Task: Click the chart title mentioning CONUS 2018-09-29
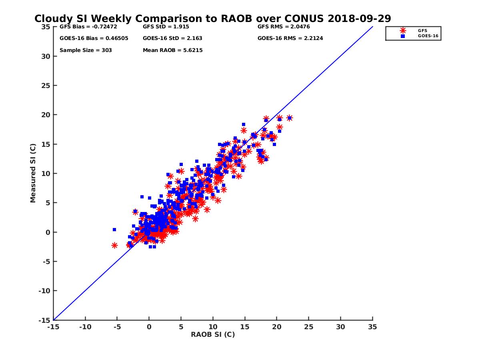(x=212, y=19)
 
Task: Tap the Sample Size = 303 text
(x=86, y=50)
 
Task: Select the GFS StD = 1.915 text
(x=166, y=27)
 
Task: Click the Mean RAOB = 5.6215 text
(x=172, y=50)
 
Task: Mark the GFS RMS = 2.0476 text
(x=283, y=27)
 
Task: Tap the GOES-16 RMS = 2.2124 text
(x=290, y=38)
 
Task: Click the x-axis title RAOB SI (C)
(x=213, y=334)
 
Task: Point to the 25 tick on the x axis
(x=308, y=327)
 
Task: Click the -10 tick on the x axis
(x=85, y=327)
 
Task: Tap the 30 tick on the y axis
(x=46, y=56)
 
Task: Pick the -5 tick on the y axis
(x=47, y=262)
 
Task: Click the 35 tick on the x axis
(x=372, y=327)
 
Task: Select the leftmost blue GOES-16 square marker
(x=114, y=230)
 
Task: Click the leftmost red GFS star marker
(x=114, y=245)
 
